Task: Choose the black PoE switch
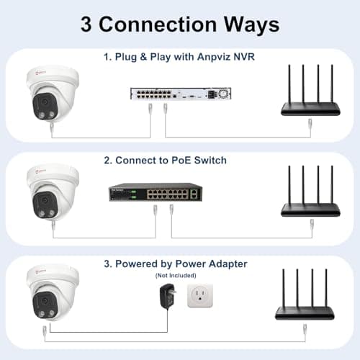pyautogui.click(x=155, y=194)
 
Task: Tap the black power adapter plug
pyautogui.click(x=167, y=295)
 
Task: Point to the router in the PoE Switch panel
pyautogui.click(x=309, y=193)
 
